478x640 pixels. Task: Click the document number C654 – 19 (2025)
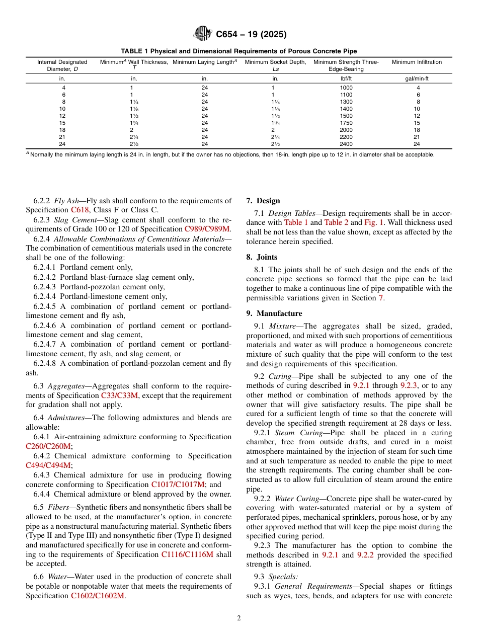click(251, 35)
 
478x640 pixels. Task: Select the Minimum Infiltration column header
click(417, 62)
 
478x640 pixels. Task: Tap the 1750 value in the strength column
click(346, 123)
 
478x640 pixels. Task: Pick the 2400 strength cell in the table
click(346, 144)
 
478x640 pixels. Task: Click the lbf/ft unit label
click(346, 79)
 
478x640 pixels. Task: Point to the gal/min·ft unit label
click(417, 79)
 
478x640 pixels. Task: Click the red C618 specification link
click(80, 210)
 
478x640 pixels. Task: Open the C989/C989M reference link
click(208, 229)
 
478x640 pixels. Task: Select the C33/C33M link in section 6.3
click(119, 395)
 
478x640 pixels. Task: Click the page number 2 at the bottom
click(239, 618)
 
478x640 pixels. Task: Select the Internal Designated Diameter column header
click(62, 65)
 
